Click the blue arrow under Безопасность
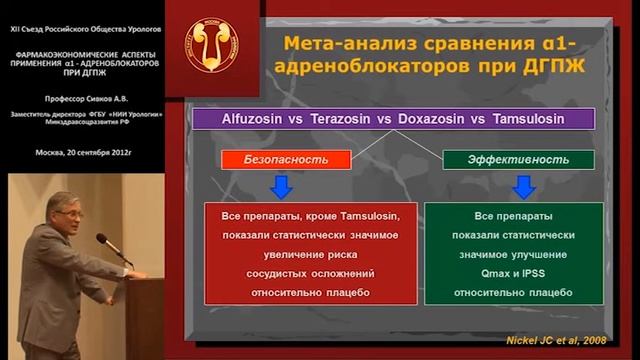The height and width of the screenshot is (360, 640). [281, 186]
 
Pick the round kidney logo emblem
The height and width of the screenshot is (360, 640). [212, 48]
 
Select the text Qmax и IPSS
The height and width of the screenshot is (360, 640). [513, 273]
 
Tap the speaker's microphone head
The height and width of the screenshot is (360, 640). [101, 239]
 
